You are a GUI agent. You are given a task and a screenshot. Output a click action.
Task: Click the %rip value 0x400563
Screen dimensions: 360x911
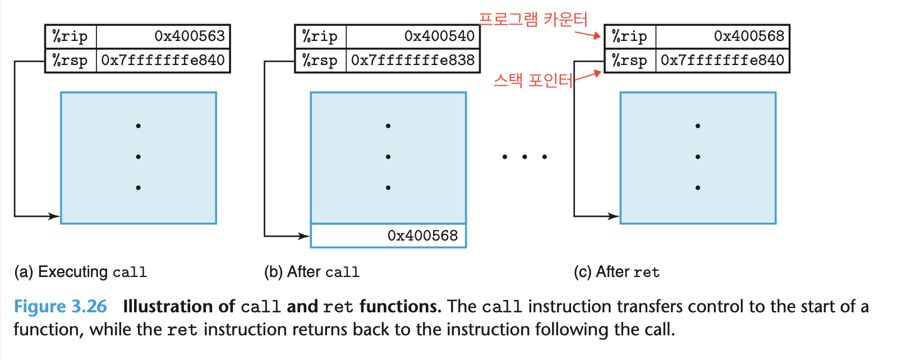pyautogui.click(x=189, y=36)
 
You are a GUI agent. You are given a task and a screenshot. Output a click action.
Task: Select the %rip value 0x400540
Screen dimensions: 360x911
pyautogui.click(x=439, y=36)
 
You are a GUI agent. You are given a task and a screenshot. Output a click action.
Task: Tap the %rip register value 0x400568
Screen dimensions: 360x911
pyautogui.click(x=749, y=36)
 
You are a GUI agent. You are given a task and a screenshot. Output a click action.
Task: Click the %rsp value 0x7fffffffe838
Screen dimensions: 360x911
pyautogui.click(x=413, y=61)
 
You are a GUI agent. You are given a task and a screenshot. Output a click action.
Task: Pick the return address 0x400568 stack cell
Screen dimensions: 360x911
pyautogui.click(x=388, y=236)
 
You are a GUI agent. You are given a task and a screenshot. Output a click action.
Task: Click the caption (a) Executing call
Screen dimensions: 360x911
pyautogui.click(x=81, y=272)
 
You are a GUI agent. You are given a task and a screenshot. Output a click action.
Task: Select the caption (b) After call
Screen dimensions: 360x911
pyautogui.click(x=312, y=272)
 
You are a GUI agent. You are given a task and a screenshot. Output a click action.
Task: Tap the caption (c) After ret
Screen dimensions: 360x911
pyautogui.click(x=616, y=272)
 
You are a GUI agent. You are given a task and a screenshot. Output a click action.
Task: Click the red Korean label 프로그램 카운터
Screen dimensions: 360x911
pyautogui.click(x=533, y=20)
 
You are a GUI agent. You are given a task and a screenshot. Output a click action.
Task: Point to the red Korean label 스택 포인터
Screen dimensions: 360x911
pyautogui.click(x=533, y=81)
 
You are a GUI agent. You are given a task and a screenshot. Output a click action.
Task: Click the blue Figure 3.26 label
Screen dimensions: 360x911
pyautogui.click(x=60, y=307)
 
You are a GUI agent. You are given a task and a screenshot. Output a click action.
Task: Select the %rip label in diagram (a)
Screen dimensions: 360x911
pyautogui.click(x=70, y=36)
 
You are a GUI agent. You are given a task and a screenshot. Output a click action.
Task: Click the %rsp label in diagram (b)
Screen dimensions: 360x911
pyautogui.click(x=320, y=61)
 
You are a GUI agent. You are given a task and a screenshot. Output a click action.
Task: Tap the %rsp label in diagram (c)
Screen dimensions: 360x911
pyautogui.click(x=630, y=61)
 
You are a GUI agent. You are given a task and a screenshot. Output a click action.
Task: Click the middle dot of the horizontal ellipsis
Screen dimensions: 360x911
pyautogui.click(x=524, y=157)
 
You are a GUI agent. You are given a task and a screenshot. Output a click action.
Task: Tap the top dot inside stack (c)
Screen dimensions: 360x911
pyautogui.click(x=698, y=126)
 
